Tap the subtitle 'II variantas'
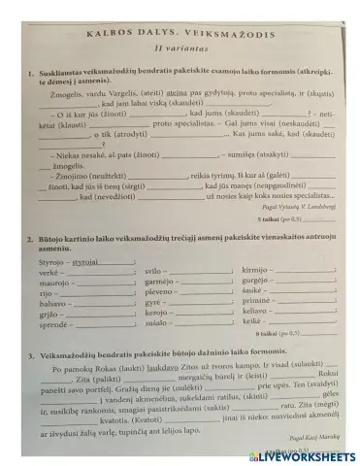pos(180,47)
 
